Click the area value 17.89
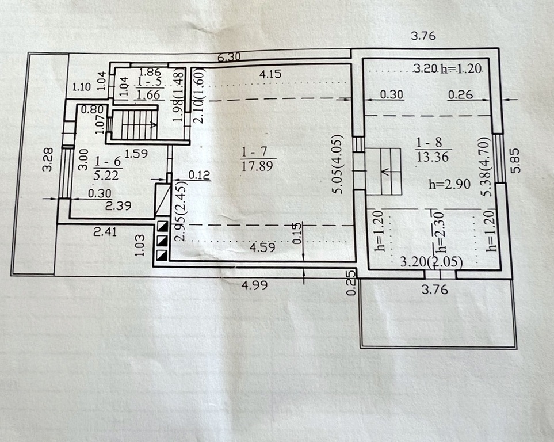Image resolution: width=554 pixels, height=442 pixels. click(x=257, y=166)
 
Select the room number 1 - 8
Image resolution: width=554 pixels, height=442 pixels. click(x=429, y=143)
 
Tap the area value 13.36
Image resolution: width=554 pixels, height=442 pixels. click(x=433, y=157)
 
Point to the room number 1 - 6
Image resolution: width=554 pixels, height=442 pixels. click(x=108, y=162)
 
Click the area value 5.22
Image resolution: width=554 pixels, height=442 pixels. click(x=108, y=175)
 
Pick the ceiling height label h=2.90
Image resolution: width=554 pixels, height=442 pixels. click(x=449, y=184)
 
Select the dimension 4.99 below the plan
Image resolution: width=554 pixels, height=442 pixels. click(x=254, y=285)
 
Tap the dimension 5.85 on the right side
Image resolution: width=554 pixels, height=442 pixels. click(x=516, y=159)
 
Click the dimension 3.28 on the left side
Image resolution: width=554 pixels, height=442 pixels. click(x=47, y=159)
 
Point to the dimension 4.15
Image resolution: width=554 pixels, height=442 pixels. click(x=270, y=74)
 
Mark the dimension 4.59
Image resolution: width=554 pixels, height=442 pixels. click(x=262, y=247)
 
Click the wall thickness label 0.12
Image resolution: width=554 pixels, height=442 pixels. click(x=199, y=175)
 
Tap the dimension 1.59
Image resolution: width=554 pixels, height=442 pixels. click(x=136, y=154)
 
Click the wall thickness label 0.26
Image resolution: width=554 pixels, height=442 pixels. click(x=460, y=94)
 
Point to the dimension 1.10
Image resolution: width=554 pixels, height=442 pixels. click(x=82, y=87)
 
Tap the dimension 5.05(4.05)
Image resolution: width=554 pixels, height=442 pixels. click(x=338, y=163)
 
